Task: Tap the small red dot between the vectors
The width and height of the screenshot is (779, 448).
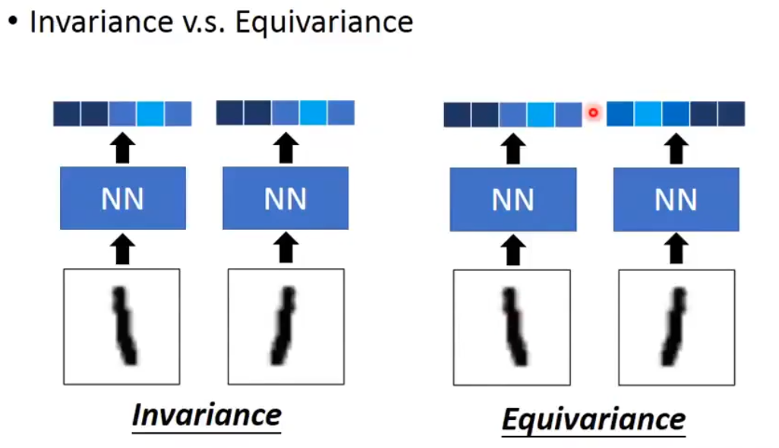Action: point(594,113)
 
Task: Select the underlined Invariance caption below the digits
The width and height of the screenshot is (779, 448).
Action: point(207,415)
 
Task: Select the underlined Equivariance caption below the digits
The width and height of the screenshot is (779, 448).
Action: point(594,418)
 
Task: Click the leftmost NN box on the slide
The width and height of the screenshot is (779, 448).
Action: point(123,199)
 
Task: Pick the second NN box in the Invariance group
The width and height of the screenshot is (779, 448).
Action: point(285,199)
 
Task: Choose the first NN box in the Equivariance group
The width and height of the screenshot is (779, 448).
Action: point(513,200)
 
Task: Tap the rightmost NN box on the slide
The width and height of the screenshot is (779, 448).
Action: point(676,200)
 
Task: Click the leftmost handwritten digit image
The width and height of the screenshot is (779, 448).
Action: point(121,326)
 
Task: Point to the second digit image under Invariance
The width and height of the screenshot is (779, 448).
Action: point(286,326)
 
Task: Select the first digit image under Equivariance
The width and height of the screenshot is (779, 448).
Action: point(512,327)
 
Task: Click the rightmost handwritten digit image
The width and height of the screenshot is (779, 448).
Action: point(676,327)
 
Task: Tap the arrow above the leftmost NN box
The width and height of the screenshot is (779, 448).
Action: point(123,148)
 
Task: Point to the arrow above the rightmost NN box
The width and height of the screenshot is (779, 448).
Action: point(676,149)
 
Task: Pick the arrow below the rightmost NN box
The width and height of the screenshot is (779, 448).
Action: point(676,250)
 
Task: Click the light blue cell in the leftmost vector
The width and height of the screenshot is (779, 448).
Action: point(150,114)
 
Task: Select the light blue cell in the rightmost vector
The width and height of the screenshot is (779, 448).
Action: point(648,114)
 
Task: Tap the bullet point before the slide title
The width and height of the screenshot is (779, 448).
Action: point(13,22)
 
